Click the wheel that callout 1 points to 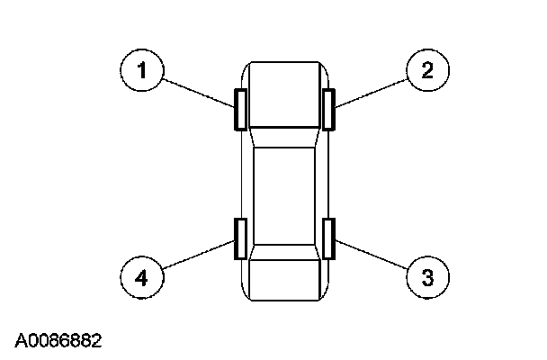click(x=240, y=109)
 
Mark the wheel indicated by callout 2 click(x=329, y=109)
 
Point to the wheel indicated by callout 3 click(x=329, y=238)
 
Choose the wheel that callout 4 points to click(x=240, y=238)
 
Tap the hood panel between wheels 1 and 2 click(x=284, y=94)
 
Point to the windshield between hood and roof click(x=284, y=137)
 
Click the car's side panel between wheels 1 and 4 click(x=247, y=180)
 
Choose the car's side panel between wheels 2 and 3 click(x=322, y=180)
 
